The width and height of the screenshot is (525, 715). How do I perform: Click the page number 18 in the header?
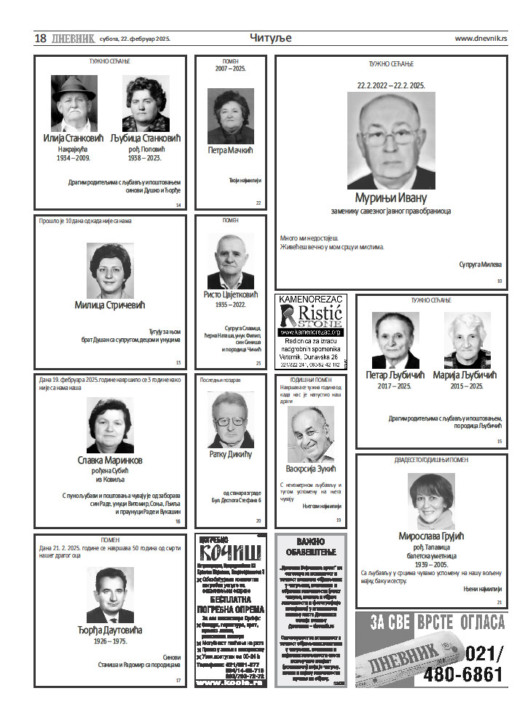41,39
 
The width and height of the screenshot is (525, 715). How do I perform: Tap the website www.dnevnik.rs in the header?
481,39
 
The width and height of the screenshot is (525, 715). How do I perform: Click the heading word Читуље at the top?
270,38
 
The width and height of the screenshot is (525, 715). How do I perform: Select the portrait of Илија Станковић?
74,103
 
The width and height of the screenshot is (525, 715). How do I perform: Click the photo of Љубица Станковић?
146,103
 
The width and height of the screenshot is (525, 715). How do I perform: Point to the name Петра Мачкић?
229,150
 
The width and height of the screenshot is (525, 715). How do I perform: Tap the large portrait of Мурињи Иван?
390,141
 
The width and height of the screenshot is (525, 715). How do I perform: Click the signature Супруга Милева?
481,265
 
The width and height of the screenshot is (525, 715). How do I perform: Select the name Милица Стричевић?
110,305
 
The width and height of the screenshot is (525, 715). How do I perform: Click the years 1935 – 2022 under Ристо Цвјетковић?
231,305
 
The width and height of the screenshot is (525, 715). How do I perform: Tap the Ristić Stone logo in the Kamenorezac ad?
311,316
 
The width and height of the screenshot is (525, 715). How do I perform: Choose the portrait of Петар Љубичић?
395,340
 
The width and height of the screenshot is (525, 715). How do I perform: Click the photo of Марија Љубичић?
467,340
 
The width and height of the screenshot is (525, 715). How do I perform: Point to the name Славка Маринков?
110,460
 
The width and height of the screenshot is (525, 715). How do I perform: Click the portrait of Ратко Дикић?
231,419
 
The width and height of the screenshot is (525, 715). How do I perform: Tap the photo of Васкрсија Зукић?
311,434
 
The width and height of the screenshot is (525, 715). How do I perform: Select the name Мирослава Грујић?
432,536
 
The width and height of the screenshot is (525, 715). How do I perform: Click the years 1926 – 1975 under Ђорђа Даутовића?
110,641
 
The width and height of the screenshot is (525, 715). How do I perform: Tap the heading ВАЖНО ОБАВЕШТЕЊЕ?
311,547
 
